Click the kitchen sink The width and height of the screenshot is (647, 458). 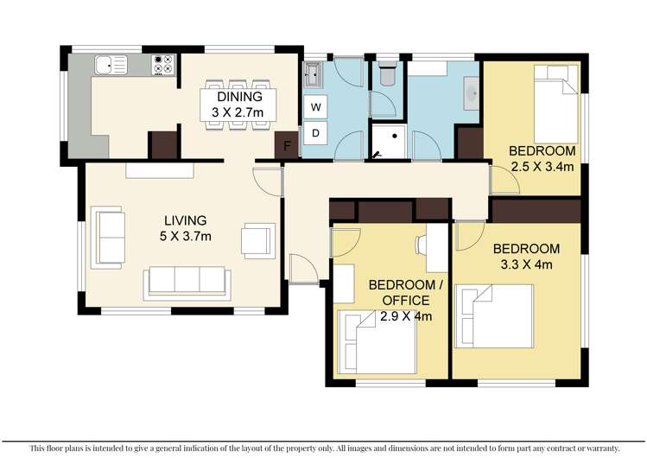point(111,63)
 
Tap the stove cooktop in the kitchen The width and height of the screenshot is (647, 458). point(162,63)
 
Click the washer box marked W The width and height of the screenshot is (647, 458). point(315,107)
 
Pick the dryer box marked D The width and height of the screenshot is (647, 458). point(315,132)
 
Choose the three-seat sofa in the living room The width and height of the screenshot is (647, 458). point(187,281)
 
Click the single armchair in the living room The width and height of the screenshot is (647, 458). point(257,240)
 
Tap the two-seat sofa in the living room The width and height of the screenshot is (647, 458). point(107,235)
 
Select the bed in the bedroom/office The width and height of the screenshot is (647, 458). point(376,340)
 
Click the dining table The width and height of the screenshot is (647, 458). point(237,105)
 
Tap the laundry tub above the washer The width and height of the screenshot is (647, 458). point(314,75)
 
